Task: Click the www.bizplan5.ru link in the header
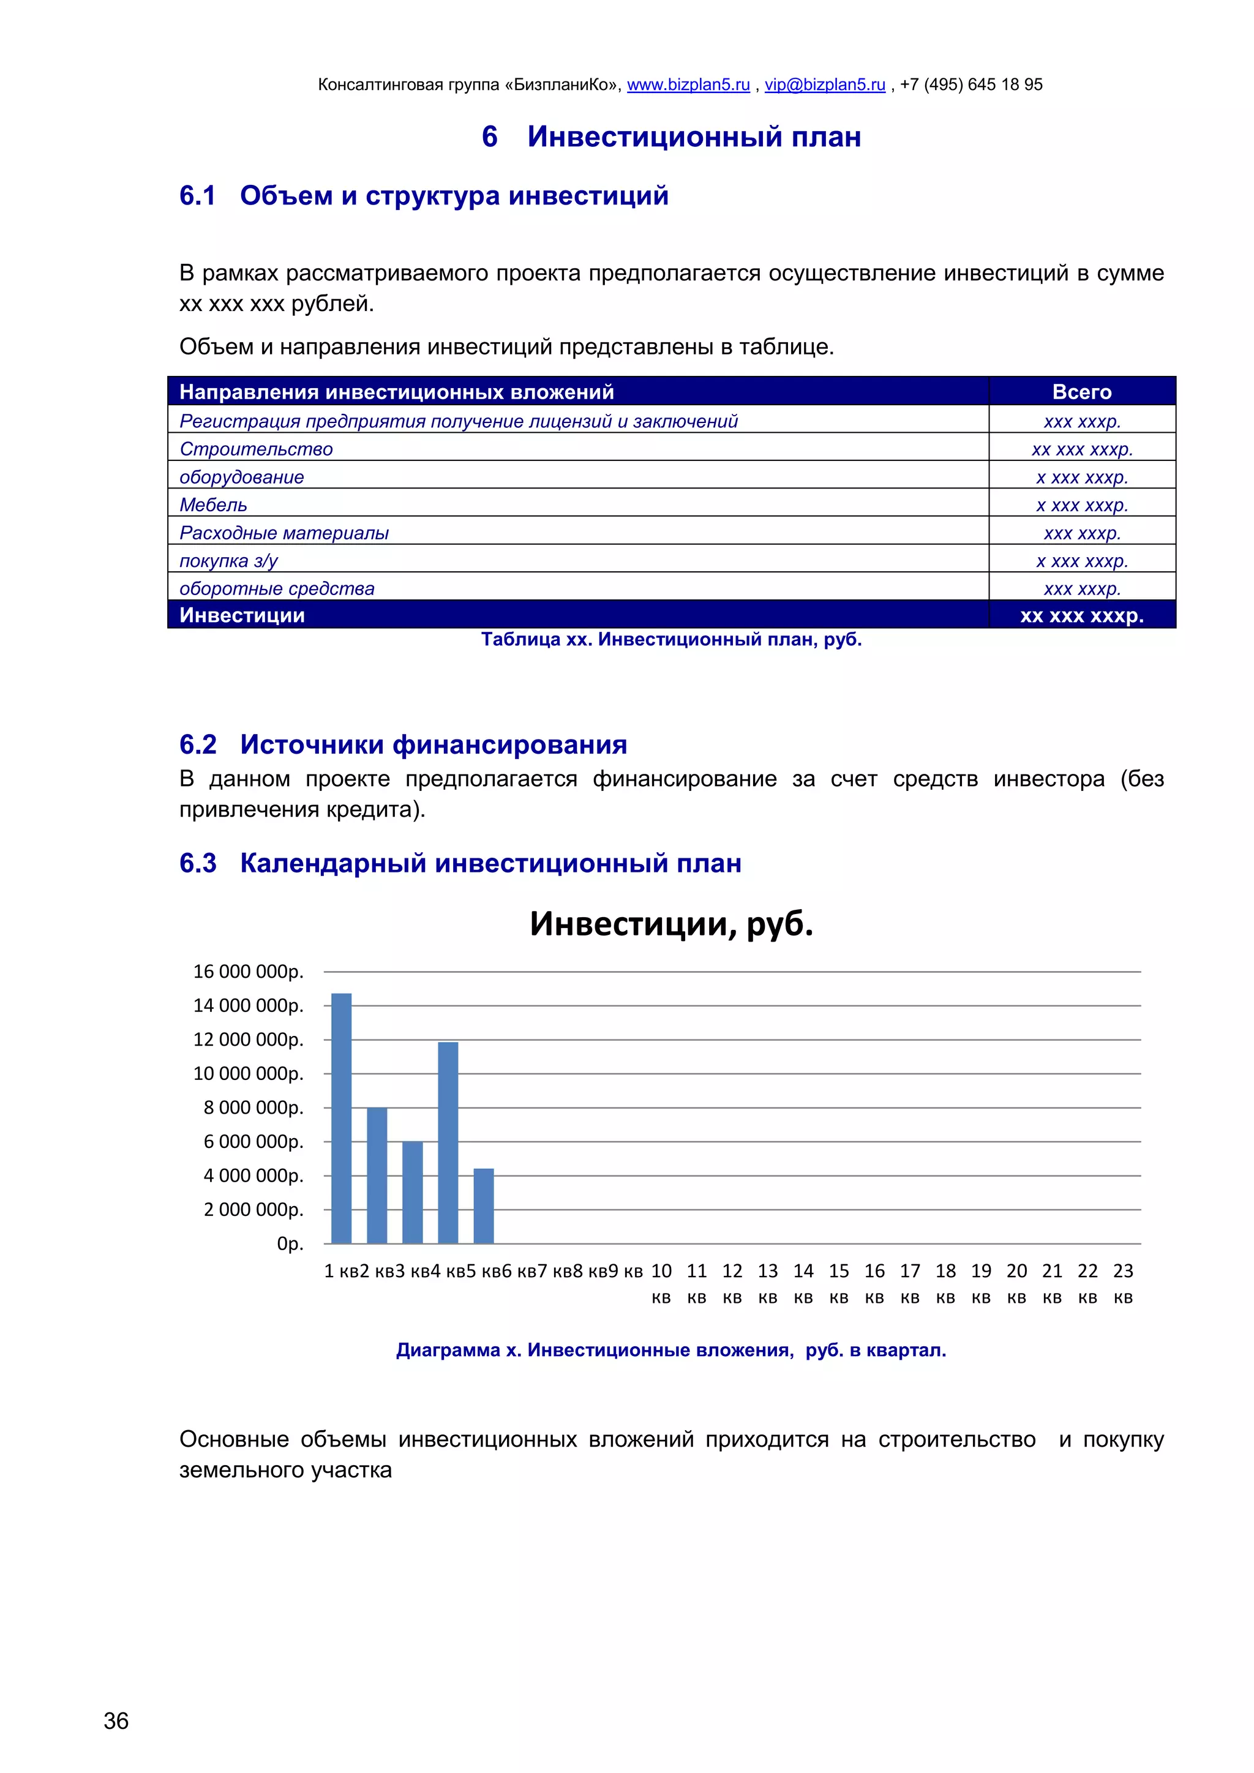688,85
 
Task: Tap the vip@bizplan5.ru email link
825,85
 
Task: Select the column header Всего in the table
1082,392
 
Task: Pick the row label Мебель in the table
213,505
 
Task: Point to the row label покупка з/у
228,561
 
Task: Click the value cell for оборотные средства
1082,589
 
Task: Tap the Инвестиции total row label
242,615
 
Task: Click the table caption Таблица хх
671,639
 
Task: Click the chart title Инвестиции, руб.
671,924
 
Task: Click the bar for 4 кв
448,1143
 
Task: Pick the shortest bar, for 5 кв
483,1206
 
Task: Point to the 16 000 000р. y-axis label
249,972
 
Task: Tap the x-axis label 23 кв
1123,1283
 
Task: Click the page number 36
116,1721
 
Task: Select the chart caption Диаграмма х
671,1350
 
